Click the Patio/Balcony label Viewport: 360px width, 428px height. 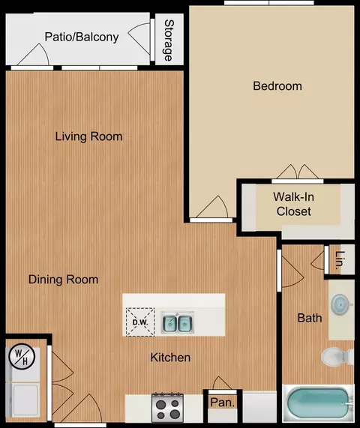[82, 37]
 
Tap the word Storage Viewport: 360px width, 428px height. [169, 40]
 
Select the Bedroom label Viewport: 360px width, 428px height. [277, 86]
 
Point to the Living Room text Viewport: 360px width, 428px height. [88, 136]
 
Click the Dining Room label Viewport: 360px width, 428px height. [63, 280]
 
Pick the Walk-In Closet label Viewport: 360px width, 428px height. [294, 204]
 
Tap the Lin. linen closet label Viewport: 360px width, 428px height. [340, 260]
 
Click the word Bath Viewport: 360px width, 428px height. [310, 318]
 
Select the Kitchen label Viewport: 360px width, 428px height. [170, 358]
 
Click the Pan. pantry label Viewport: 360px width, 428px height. [223, 403]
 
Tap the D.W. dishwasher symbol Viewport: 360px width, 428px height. [140, 322]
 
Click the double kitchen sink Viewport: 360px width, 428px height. [178, 322]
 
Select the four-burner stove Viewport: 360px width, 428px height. [168, 407]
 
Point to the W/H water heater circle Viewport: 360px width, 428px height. [22, 357]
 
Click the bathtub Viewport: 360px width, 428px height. [319, 403]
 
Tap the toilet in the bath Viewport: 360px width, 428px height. [337, 357]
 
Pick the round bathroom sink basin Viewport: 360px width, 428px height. [341, 304]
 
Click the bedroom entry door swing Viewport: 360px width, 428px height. [212, 207]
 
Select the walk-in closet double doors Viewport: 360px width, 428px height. [298, 172]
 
